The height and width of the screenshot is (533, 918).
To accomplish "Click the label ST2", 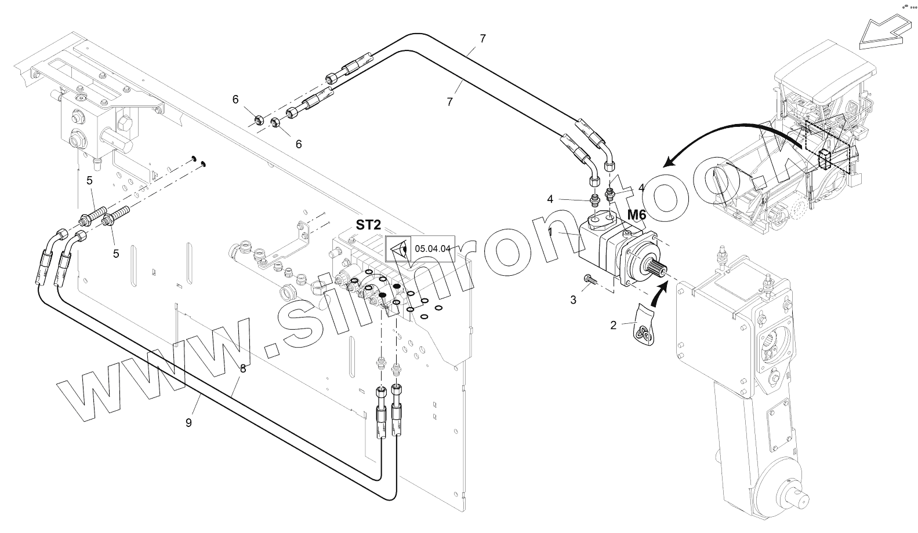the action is tap(369, 224).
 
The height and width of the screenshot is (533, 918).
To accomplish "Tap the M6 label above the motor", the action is tap(636, 215).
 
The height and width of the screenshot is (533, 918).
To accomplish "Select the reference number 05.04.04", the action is tap(433, 249).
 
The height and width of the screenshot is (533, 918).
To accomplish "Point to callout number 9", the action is tap(188, 423).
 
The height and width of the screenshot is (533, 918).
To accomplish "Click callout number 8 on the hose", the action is tap(243, 368).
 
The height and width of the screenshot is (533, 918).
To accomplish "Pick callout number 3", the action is tap(574, 300).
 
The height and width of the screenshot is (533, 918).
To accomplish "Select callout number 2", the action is tap(614, 325).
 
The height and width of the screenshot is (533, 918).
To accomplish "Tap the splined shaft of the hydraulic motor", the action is tap(656, 272).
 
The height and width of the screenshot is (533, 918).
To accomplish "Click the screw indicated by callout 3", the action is tap(589, 279).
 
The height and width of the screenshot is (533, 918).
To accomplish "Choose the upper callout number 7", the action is tap(483, 39).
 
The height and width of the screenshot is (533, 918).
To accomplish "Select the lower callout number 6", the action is tap(299, 144).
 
